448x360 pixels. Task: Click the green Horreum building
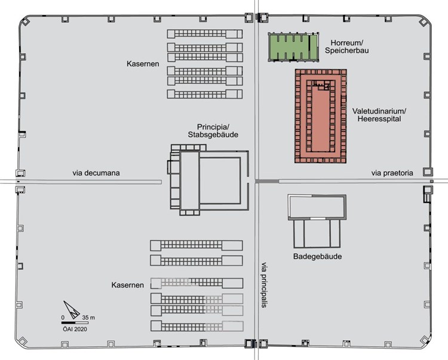(x=293, y=47)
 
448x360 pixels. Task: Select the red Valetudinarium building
(x=321, y=116)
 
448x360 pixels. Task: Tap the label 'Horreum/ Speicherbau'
(x=346, y=47)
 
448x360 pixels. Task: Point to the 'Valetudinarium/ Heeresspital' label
(x=379, y=115)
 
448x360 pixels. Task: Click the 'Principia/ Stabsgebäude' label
(x=213, y=131)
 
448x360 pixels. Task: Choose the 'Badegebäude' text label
(x=317, y=256)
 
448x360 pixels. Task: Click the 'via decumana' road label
(x=96, y=173)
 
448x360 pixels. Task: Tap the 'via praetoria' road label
(x=392, y=173)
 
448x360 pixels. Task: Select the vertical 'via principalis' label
(x=263, y=285)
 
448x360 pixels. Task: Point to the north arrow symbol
(x=72, y=310)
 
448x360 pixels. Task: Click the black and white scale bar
(x=75, y=323)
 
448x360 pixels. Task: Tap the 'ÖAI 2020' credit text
(x=75, y=329)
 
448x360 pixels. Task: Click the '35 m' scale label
(x=88, y=318)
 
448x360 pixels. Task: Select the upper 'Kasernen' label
(x=143, y=64)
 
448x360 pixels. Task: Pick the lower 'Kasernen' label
(x=127, y=285)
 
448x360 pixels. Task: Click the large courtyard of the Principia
(x=220, y=180)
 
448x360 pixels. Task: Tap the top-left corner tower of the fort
(x=25, y=21)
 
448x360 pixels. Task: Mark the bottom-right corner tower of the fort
(x=425, y=340)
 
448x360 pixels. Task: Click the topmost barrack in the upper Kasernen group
(x=205, y=33)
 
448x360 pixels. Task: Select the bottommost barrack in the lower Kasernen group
(x=197, y=326)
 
